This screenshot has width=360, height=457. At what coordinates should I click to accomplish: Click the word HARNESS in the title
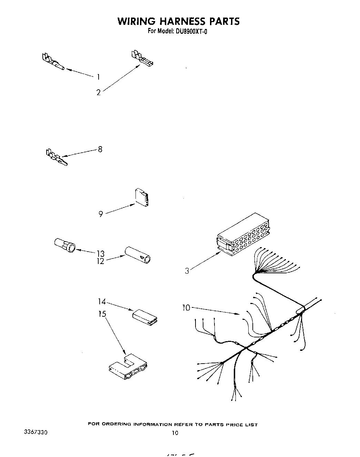tap(178, 21)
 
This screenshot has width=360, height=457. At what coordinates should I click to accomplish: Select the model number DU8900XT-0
tap(191, 32)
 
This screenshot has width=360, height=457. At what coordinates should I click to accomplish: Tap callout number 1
tap(98, 77)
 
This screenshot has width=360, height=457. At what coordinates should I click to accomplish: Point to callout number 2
tap(99, 92)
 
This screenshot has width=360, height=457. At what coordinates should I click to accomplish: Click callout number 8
tap(100, 150)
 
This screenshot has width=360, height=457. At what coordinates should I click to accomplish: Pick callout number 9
tap(101, 214)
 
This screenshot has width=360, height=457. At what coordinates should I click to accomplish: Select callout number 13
tap(100, 254)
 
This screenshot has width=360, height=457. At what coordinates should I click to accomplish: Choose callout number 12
tap(100, 261)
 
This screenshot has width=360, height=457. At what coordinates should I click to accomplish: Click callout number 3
tap(187, 271)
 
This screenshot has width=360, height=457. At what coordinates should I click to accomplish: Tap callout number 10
tap(186, 307)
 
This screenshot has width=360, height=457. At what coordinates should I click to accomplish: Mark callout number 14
tap(101, 302)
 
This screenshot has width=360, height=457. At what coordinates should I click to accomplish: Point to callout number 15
tap(102, 314)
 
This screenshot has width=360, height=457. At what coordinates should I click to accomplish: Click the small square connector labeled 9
tap(142, 197)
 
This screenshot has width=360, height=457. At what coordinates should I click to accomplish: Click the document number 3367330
tap(36, 432)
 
